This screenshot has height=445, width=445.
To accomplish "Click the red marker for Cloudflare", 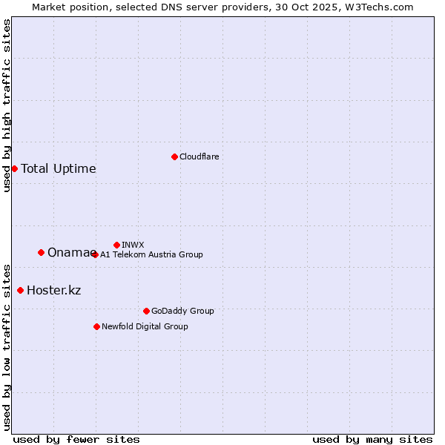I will click(174, 156).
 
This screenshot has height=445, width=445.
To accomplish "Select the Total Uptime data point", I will click(14, 168).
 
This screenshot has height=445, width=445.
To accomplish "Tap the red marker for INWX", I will click(116, 245).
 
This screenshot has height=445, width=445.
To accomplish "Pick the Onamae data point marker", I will click(41, 252).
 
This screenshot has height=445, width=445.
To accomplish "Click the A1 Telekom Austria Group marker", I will click(95, 254).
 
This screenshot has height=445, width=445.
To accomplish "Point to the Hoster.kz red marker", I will click(20, 290).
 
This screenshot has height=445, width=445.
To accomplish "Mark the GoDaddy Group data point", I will click(146, 311).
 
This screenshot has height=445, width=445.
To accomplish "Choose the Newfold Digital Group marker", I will click(96, 326).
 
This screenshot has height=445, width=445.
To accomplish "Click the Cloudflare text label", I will click(199, 156).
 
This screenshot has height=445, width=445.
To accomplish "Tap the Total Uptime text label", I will click(59, 168).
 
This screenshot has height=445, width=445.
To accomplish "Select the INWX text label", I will click(133, 245).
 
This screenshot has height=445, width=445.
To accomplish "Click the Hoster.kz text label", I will click(53, 290).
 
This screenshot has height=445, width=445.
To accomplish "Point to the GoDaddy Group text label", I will click(182, 311).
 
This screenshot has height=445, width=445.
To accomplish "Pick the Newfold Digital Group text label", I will click(145, 326).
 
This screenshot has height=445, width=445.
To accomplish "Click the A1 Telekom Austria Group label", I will click(151, 254).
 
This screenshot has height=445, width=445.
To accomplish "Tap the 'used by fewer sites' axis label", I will click(76, 439).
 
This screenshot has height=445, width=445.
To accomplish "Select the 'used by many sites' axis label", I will click(372, 439).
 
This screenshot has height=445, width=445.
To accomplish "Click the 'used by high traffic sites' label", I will click(7, 105).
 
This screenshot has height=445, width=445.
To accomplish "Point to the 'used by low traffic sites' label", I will click(7, 346).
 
